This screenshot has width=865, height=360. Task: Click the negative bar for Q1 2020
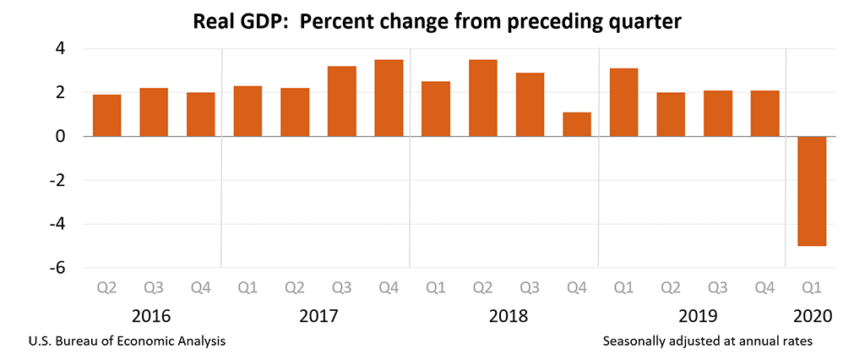812,191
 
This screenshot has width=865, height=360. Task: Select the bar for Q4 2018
577,124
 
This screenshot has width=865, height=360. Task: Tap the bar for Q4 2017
389,98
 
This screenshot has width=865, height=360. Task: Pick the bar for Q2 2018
483,98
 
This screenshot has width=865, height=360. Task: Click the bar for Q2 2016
106,115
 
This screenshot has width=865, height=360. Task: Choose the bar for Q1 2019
623,102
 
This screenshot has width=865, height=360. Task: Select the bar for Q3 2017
342,101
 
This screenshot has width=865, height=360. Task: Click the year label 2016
153,317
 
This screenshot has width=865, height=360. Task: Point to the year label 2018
508,317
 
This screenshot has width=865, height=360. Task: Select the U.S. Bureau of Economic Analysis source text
127,341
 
